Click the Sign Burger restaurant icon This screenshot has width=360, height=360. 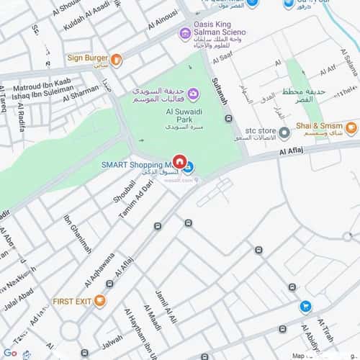pyautogui.click(x=117, y=60)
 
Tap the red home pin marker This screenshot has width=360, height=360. pyautogui.click(x=180, y=162)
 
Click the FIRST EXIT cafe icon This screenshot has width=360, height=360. pyautogui.click(x=100, y=300)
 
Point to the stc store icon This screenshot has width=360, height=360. pyautogui.click(x=284, y=132)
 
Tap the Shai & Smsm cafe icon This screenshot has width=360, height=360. pyautogui.click(x=351, y=129)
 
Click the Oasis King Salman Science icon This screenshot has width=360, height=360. pyautogui.click(x=186, y=33)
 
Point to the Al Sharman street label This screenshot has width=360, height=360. pyautogui.click(x=82, y=91)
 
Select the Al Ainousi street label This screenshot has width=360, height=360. pyautogui.click(x=163, y=18)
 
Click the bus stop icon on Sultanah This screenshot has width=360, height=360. pyautogui.click(x=229, y=119)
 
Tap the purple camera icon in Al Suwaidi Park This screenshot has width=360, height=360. pyautogui.click(x=193, y=94)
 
